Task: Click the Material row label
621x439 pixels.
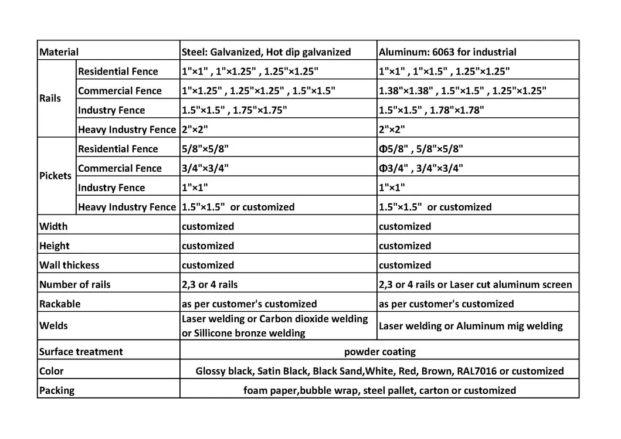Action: click(59, 52)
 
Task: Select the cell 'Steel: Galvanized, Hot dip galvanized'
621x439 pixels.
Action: click(266, 52)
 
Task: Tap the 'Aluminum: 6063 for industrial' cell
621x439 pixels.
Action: click(447, 52)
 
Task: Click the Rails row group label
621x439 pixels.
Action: click(50, 98)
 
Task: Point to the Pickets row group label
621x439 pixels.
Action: click(55, 176)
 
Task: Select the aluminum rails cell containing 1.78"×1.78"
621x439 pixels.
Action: click(431, 110)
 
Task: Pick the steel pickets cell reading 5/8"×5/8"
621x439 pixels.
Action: click(205, 149)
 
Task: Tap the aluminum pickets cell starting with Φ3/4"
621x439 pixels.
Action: click(420, 168)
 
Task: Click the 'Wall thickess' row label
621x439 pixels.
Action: click(69, 265)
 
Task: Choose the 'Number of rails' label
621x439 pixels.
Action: click(74, 284)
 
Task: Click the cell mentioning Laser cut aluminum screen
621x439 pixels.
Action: click(475, 284)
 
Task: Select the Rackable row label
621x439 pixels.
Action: click(60, 304)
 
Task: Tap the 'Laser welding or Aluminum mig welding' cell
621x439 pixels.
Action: click(470, 326)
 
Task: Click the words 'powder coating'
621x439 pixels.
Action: click(379, 352)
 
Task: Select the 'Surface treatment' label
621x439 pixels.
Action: click(81, 352)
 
